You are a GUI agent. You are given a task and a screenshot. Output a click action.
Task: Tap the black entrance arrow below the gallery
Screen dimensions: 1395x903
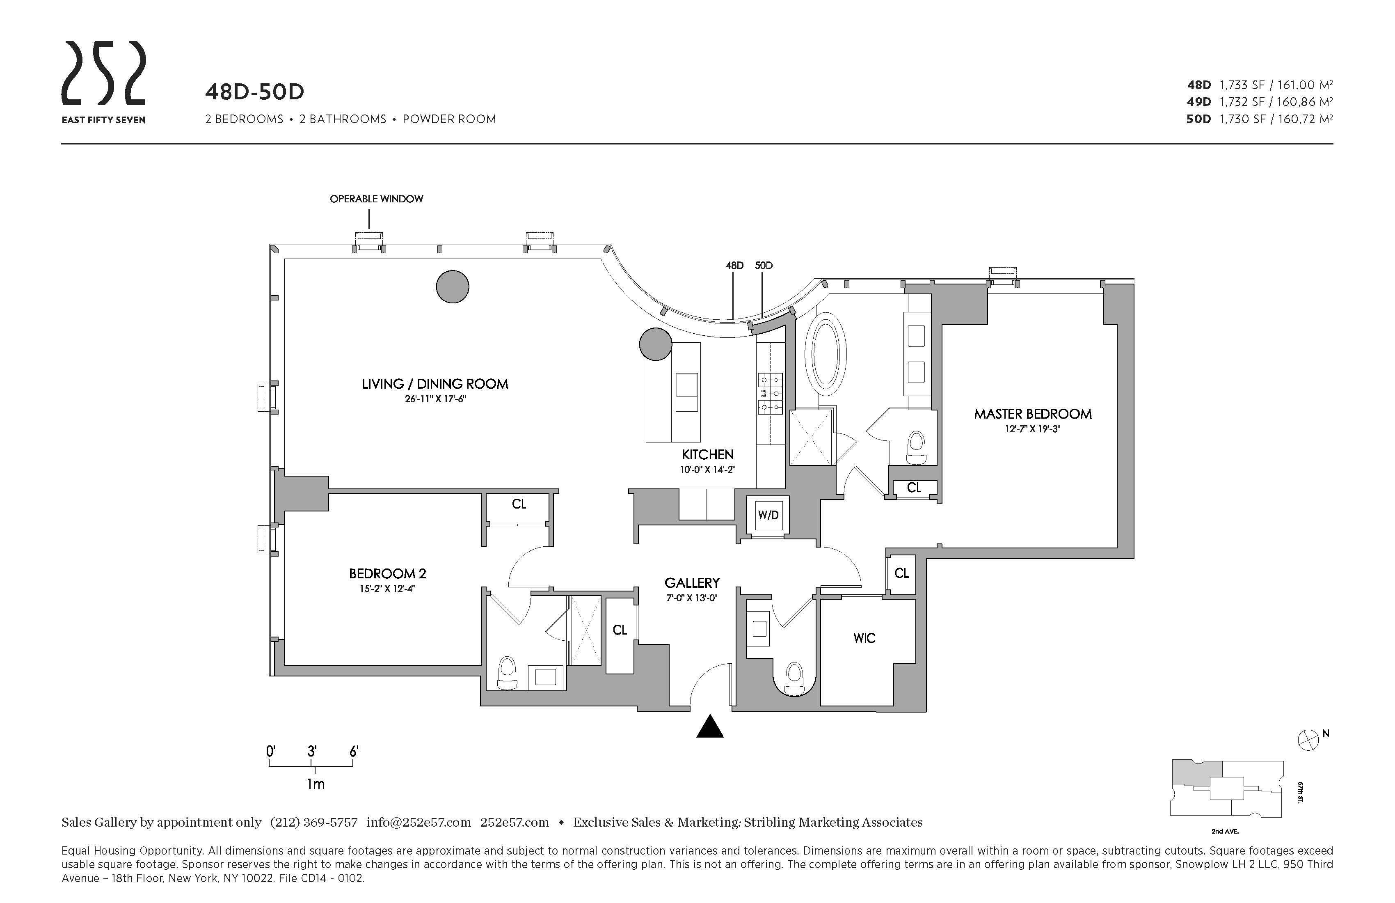coord(710,727)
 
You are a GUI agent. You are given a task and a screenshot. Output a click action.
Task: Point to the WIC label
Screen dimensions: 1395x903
coord(864,638)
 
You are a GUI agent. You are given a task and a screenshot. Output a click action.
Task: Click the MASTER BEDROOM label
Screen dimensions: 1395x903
coord(1033,414)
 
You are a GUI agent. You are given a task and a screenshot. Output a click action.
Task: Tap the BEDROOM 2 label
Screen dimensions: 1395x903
coord(387,573)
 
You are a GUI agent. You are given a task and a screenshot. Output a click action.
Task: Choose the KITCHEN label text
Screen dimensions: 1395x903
coord(707,454)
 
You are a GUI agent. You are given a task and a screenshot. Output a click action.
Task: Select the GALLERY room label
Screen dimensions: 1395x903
coord(692,583)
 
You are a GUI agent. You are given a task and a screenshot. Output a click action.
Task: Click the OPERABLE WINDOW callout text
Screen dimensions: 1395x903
coord(376,199)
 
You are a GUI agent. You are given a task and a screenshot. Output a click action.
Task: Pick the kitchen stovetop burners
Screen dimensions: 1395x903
coord(770,393)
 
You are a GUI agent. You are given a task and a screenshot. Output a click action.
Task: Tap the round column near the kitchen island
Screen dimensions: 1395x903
coord(655,344)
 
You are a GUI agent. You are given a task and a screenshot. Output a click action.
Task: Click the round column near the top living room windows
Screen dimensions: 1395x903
coord(453,287)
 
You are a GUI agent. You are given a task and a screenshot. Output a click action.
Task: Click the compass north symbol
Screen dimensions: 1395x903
coord(1308,740)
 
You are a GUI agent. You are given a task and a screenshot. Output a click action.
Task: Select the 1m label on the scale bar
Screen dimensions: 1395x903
coord(316,784)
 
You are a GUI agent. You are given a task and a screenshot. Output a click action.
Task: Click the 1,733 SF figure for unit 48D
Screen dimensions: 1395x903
coord(1242,85)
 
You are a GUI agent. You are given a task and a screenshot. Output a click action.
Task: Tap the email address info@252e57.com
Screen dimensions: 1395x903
coord(418,822)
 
